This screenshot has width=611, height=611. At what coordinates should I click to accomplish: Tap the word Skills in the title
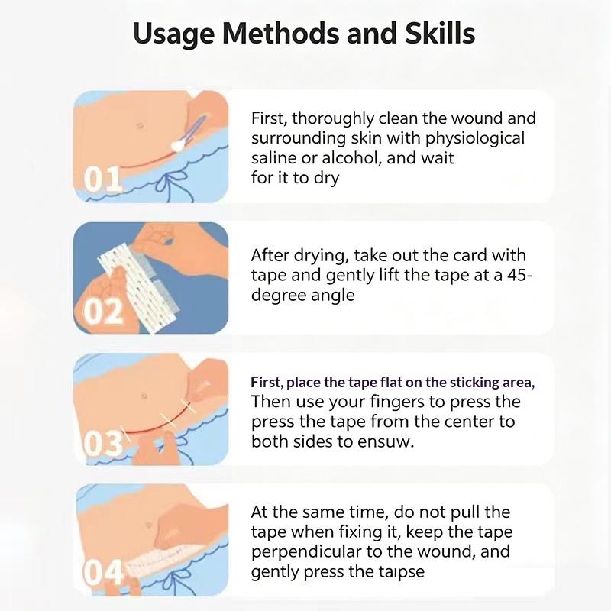(x=440, y=33)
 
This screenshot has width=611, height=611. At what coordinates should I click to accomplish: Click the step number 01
(x=102, y=179)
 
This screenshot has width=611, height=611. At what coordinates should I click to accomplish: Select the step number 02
(x=103, y=312)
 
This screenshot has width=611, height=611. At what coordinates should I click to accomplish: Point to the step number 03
(x=103, y=444)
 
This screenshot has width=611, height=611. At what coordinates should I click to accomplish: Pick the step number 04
(x=103, y=573)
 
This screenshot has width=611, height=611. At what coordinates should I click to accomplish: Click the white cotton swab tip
(x=178, y=145)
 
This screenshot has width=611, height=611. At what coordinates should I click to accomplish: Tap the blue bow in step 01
(x=170, y=185)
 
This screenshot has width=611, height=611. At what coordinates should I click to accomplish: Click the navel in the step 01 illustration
(x=140, y=125)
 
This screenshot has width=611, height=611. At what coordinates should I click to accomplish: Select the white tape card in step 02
(x=137, y=286)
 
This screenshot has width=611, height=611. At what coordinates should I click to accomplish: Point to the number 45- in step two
(x=520, y=275)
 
